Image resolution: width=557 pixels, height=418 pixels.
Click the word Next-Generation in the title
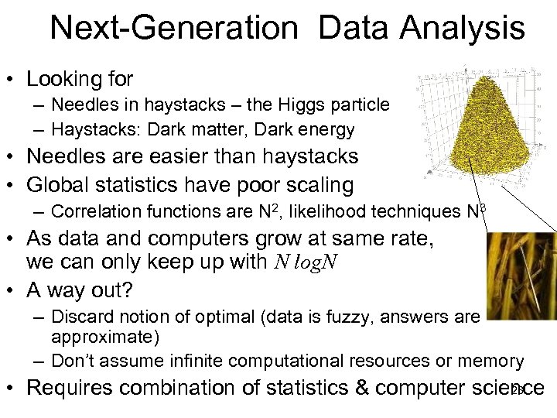coord(173,29)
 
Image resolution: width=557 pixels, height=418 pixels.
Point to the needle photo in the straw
coord(521,275)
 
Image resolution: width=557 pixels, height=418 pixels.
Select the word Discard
coord(78,317)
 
